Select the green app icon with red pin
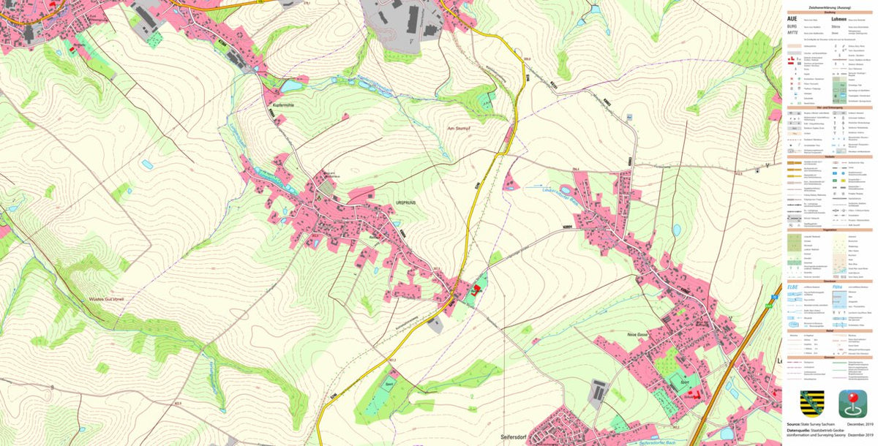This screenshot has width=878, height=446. pyautogui.click(x=852, y=404)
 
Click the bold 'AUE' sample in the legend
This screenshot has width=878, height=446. pyautogui.click(x=792, y=19)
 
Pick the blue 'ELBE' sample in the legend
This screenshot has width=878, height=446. pyautogui.click(x=792, y=287)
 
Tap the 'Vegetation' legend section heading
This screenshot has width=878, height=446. pyautogui.click(x=830, y=228)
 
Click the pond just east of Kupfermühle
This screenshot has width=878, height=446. pyautogui.click(x=291, y=86)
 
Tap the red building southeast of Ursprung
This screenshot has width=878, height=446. pyautogui.click(x=477, y=290)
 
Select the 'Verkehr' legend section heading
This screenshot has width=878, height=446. pyautogui.click(x=830, y=156)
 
